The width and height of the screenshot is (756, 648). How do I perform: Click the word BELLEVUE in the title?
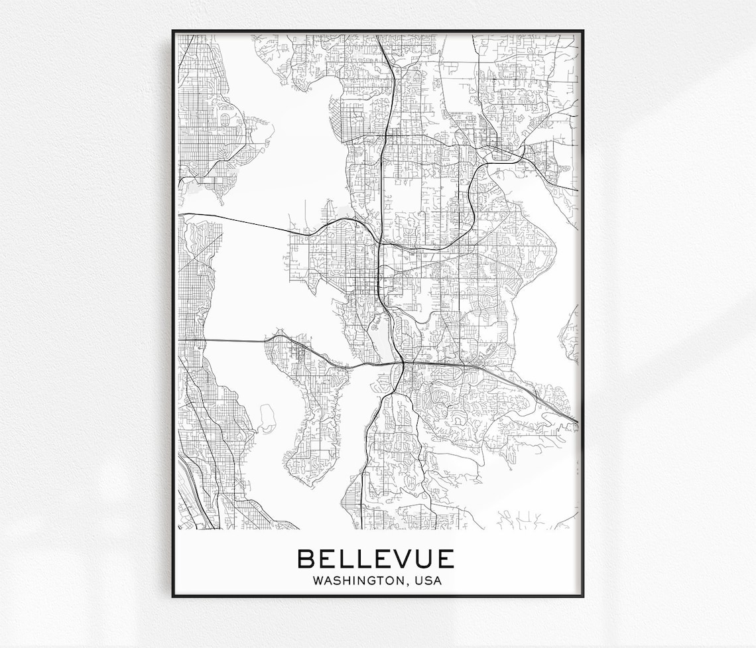coord(375,558)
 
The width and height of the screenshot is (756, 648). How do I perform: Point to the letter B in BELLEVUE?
coord(306,558)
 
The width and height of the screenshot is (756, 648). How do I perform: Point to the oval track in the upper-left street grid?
coord(225,120)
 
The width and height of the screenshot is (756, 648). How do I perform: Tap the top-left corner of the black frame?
coord(174,31)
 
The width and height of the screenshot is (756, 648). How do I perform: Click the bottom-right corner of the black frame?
coord(582,596)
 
